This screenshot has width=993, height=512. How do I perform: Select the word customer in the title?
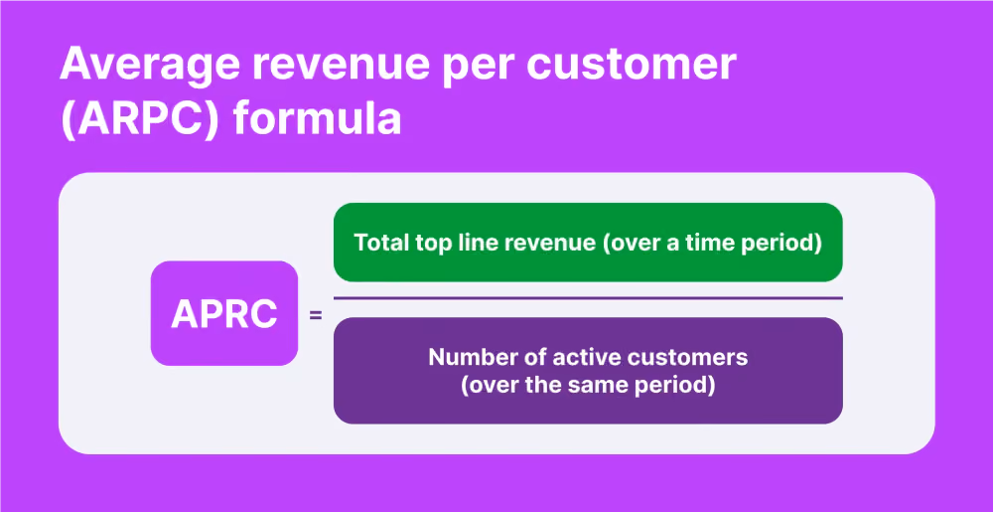tap(634, 66)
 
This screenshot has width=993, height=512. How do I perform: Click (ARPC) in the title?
tap(141, 118)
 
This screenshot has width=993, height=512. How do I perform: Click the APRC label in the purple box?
tap(224, 314)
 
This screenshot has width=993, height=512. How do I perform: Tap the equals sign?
tap(316, 314)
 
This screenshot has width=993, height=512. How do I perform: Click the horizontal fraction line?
tap(588, 298)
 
